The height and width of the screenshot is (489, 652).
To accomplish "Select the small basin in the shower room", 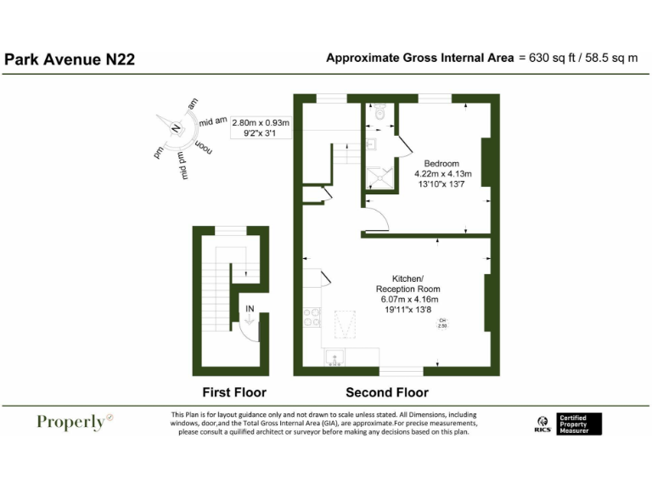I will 371,144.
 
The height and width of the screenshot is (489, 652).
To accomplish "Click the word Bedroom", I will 441,164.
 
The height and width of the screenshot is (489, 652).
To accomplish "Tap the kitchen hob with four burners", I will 312,317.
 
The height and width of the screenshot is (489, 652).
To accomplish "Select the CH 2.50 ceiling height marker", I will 442,323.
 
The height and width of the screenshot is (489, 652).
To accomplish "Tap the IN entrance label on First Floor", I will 250,309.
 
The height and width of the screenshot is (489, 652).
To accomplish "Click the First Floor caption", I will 233,392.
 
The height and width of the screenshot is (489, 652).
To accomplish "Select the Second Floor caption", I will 387,392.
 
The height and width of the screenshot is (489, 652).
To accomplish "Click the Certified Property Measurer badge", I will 579,424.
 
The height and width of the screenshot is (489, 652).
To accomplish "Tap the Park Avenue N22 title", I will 70,59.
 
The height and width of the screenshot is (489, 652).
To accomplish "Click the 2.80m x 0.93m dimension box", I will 261,127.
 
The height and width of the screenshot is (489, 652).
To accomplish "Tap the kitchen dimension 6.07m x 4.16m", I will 408,300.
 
